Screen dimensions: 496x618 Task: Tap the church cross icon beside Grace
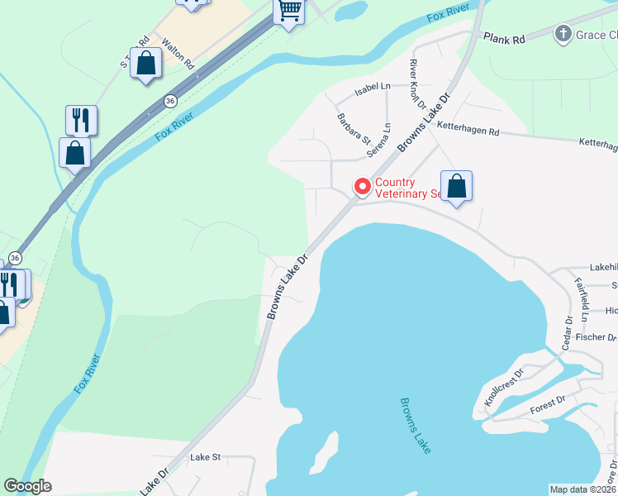pyautogui.click(x=563, y=34)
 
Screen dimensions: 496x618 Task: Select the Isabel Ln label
pyautogui.click(x=372, y=86)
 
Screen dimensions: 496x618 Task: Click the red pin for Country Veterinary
pyautogui.click(x=361, y=187)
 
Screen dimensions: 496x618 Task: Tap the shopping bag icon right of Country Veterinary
pyautogui.click(x=456, y=187)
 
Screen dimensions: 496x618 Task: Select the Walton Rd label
pyautogui.click(x=178, y=53)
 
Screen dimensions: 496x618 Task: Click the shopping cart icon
pyautogui.click(x=289, y=12)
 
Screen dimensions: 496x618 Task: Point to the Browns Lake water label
pyautogui.click(x=416, y=425)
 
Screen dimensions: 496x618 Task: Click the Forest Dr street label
pyautogui.click(x=548, y=399)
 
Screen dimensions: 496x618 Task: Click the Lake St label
pyautogui.click(x=206, y=456)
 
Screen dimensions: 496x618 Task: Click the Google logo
pyautogui.click(x=28, y=486)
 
